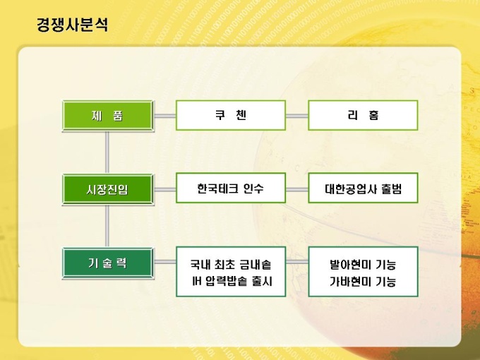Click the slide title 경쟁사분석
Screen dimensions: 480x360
[x=72, y=25]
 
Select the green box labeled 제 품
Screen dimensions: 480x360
[x=107, y=115]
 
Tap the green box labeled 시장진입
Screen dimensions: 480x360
[x=107, y=189]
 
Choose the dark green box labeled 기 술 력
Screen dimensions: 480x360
[x=107, y=263]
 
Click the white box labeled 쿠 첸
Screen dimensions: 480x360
[x=231, y=115]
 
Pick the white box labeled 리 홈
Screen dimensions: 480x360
[x=363, y=115]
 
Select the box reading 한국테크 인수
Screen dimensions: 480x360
[x=231, y=188]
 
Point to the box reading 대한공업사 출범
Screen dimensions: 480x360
[x=363, y=188]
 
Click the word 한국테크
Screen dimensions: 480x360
[x=217, y=188]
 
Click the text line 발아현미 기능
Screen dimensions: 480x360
[x=363, y=265]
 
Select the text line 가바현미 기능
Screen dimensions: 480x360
[x=363, y=282]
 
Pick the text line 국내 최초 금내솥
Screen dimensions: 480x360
[x=231, y=265]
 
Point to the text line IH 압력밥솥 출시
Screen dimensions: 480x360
[x=232, y=282]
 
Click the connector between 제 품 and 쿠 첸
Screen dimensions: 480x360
[x=164, y=116]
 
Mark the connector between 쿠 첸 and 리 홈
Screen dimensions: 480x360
[x=297, y=116]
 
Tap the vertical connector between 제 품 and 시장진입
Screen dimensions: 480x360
[x=107, y=152]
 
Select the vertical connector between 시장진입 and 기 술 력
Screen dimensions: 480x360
[x=107, y=226]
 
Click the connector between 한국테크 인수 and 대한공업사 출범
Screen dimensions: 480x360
[x=297, y=189]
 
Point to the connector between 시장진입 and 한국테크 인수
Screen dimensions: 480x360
[x=164, y=189]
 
